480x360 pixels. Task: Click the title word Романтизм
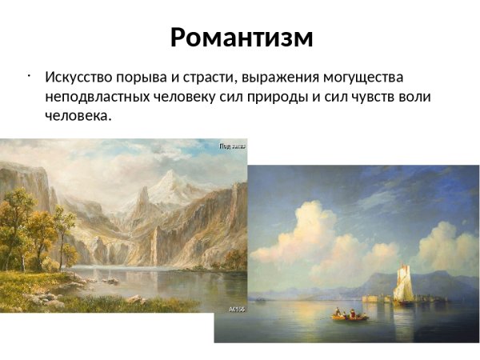pos(241,37)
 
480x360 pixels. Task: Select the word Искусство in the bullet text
pos(78,78)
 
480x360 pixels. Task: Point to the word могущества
pos(364,78)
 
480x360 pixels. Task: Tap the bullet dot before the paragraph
pos(28,77)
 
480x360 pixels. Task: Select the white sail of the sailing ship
pos(404,283)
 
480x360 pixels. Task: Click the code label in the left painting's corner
pos(238,308)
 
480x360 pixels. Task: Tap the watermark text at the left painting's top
pos(233,146)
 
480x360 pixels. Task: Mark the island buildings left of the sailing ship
pos(377,298)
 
